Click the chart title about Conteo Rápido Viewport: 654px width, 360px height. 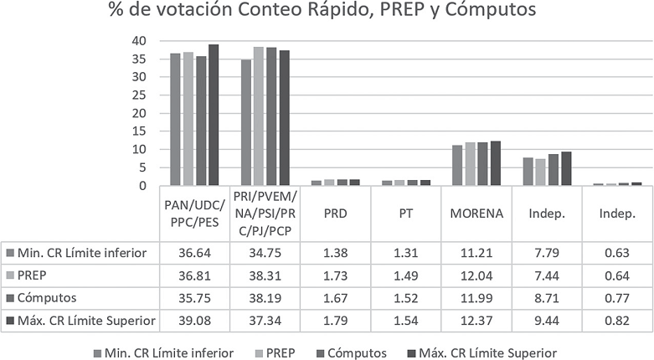click(x=327, y=11)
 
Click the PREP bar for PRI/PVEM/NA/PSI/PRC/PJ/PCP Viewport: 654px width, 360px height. click(x=259, y=116)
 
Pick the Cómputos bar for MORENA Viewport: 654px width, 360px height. click(x=482, y=164)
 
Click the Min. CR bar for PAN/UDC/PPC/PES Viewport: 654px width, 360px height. click(x=175, y=120)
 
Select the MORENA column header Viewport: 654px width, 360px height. click(x=476, y=213)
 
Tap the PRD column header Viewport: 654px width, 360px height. click(x=335, y=213)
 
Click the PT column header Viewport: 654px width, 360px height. click(x=405, y=213)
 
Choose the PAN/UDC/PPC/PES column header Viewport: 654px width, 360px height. click(x=194, y=213)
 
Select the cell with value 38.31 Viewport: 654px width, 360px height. click(x=265, y=275)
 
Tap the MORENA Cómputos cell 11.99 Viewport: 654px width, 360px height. click(x=476, y=298)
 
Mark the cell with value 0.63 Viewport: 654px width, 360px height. click(x=616, y=253)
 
